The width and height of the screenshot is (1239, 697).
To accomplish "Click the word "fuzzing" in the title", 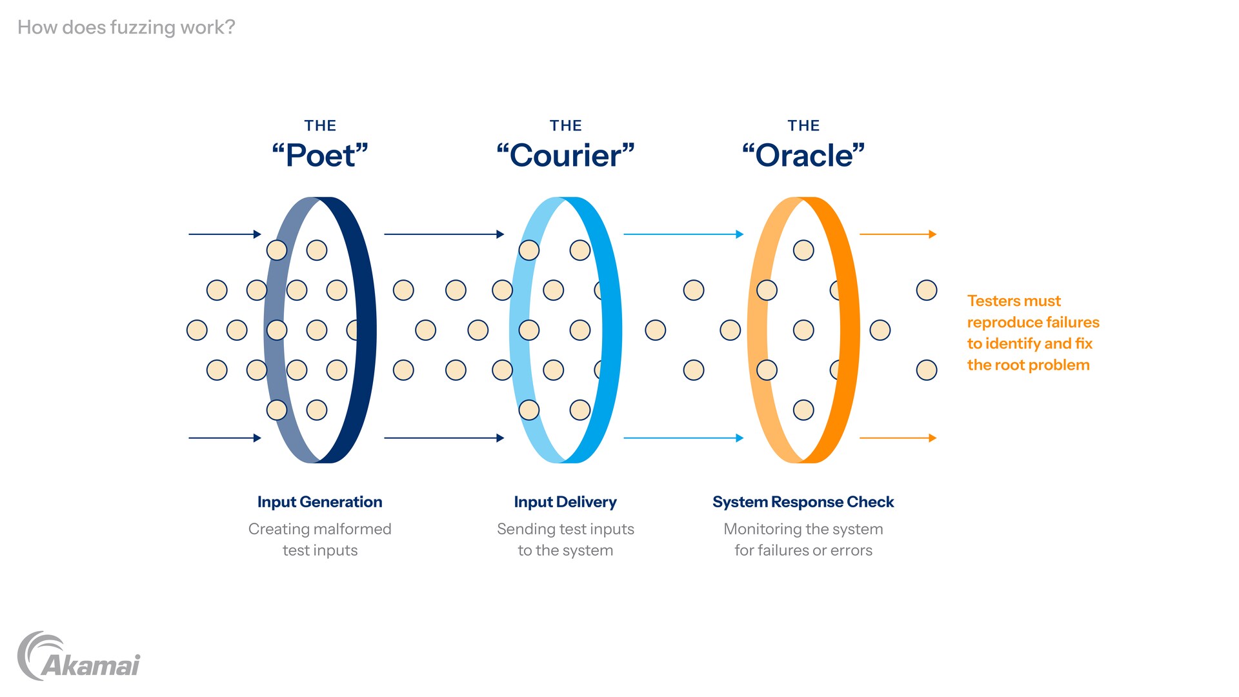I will point(142,28).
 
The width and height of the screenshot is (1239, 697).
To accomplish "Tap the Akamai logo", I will point(79,657).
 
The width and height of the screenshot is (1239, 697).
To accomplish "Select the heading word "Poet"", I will point(320,156).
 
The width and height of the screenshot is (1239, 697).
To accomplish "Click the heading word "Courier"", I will point(565,156).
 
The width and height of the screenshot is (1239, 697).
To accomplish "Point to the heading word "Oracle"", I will point(803,156).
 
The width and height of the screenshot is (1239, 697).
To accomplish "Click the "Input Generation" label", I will point(319,502).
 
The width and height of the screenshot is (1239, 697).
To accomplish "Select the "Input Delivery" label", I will point(565,502).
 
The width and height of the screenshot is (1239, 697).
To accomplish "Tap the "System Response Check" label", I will point(803,502).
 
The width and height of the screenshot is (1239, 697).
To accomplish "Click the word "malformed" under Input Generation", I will point(353,529).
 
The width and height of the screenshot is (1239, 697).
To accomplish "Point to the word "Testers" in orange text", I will point(994,301).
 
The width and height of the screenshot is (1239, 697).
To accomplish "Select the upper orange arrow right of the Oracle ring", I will point(898,234).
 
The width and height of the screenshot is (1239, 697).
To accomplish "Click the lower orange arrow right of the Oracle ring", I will point(898,438).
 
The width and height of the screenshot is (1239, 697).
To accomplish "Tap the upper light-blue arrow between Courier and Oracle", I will point(683,234).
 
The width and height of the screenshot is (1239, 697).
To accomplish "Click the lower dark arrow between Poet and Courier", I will point(444,438).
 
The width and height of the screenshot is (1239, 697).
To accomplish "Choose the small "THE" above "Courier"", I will point(565,126).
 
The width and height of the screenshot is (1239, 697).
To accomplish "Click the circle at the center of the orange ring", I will point(803,330).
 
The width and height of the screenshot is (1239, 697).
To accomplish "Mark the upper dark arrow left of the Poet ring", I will point(225,234).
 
